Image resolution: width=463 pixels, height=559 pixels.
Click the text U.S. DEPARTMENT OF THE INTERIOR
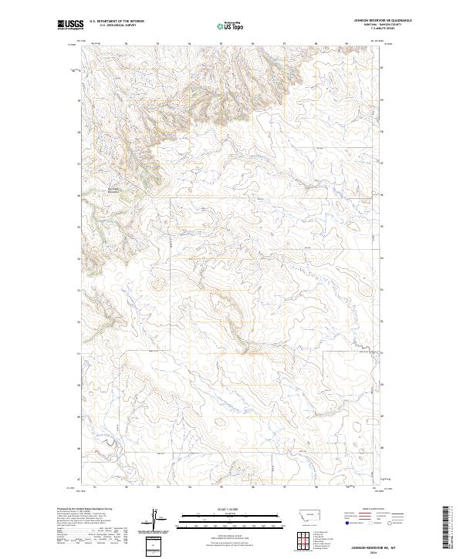[x=117, y=22]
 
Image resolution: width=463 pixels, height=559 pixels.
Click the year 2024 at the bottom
[x=374, y=552]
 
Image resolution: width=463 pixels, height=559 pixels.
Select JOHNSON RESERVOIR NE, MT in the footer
[x=374, y=547]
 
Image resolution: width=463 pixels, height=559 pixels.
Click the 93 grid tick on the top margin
[x=157, y=43]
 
